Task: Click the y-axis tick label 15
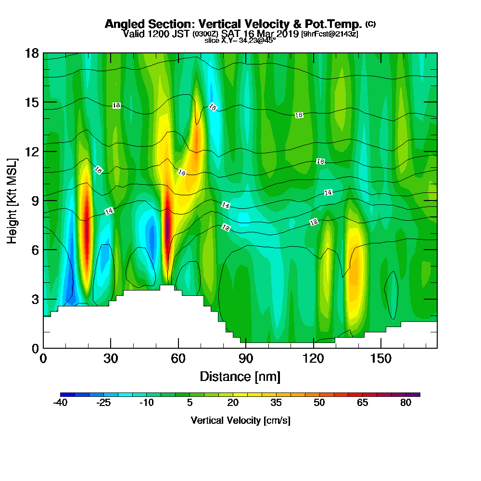click(32, 102)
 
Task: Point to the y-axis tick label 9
click(35, 200)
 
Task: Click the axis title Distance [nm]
click(240, 376)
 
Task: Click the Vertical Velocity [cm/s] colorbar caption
click(240, 420)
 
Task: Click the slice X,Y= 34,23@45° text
click(240, 41)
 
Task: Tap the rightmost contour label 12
click(314, 222)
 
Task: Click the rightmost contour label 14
click(328, 192)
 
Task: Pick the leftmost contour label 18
click(116, 105)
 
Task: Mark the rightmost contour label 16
click(320, 162)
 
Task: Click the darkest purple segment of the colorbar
click(416, 394)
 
